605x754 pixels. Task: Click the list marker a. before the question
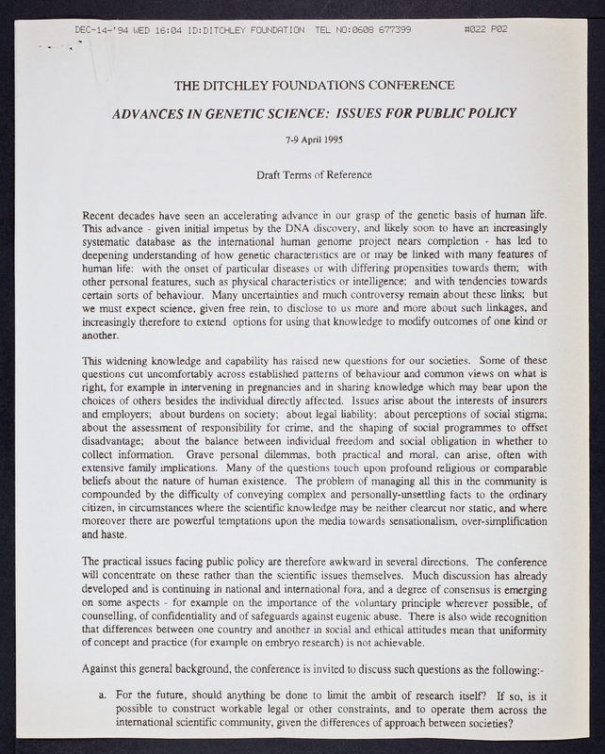102,697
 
